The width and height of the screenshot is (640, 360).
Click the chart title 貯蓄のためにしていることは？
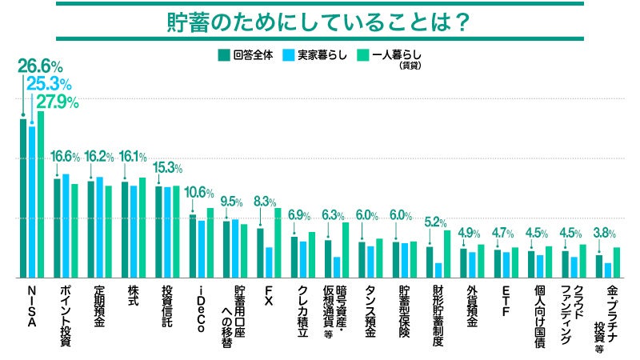[319, 21]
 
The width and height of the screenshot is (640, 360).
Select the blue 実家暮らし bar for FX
[269, 262]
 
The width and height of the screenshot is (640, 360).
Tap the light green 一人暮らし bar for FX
[278, 242]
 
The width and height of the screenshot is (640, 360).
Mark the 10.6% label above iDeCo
[199, 193]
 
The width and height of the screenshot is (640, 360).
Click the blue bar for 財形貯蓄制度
[438, 270]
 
